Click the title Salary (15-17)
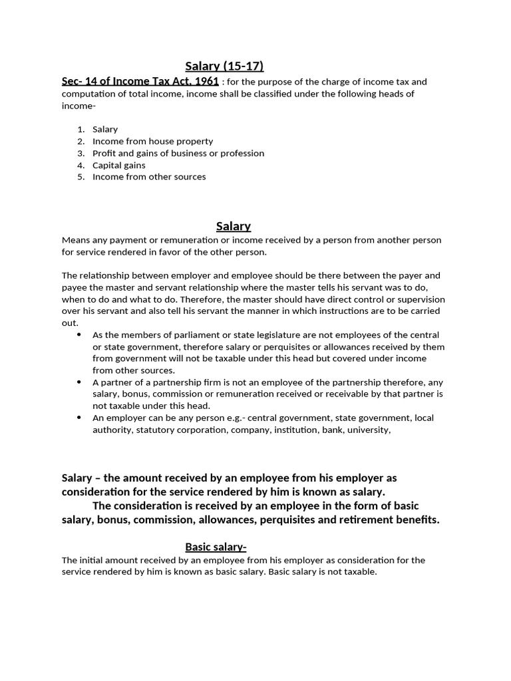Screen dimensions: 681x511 click(224, 65)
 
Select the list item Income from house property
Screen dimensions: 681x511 click(152, 141)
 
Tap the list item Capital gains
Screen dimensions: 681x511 click(118, 165)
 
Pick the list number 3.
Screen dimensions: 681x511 click(80, 153)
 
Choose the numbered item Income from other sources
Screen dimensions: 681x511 click(149, 177)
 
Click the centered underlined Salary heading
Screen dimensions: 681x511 click(233, 227)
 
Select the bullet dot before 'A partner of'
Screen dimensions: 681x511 click(80, 382)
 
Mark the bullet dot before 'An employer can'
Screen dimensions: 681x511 click(80, 418)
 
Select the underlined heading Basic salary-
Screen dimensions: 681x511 click(216, 547)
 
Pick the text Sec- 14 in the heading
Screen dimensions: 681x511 click(81, 81)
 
